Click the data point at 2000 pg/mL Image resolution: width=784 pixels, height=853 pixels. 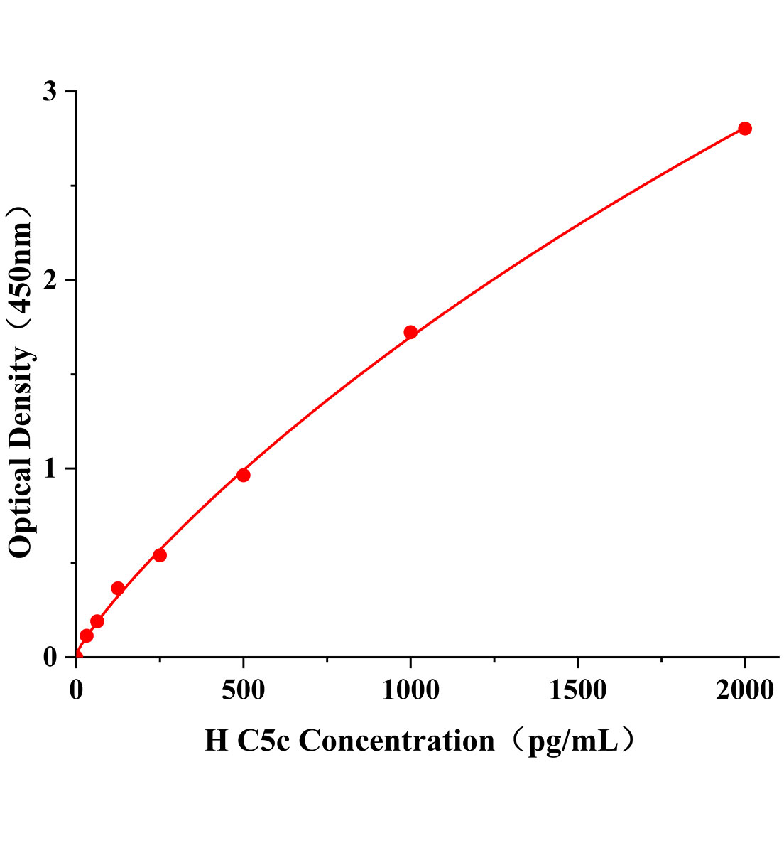pos(744,129)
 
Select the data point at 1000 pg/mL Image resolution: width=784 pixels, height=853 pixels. pos(410,332)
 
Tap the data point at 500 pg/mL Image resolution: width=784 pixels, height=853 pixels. pos(243,475)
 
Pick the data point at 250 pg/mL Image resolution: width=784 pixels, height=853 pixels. pos(160,555)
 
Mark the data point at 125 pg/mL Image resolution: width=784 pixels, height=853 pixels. pos(118,589)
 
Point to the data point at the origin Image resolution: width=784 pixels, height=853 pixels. pos(77,656)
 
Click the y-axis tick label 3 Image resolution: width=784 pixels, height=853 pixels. pos(50,92)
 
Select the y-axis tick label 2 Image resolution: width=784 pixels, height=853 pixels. pos(50,280)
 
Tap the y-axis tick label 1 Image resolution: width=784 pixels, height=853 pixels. pos(50,468)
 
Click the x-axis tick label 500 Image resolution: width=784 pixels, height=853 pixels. pos(243,690)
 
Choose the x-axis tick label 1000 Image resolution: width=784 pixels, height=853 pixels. pos(410,690)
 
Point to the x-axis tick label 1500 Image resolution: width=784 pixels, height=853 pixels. pos(577,690)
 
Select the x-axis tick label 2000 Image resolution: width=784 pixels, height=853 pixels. pos(744,690)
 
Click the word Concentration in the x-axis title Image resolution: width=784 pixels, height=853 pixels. pos(396,741)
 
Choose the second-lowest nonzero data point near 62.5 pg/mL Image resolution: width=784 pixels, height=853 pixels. pos(97,621)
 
